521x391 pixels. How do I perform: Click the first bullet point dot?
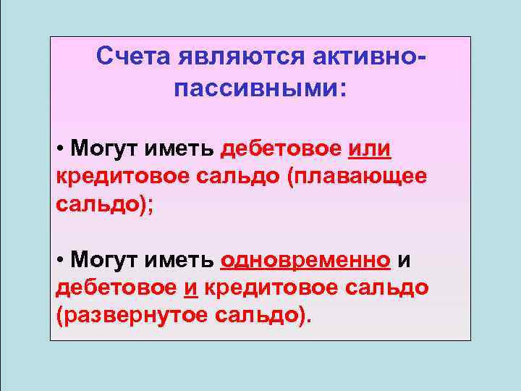[59, 151]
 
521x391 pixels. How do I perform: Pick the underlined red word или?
[369, 150]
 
